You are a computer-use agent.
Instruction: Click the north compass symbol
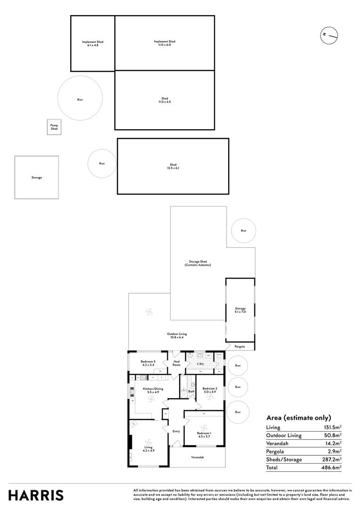pyautogui.click(x=329, y=35)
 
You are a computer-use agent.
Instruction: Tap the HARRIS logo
pyautogui.click(x=36, y=495)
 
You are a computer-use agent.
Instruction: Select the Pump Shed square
pyautogui.click(x=54, y=127)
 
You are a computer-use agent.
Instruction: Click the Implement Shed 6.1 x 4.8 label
pyautogui.click(x=92, y=43)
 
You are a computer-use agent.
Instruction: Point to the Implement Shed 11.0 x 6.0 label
pyautogui.click(x=165, y=43)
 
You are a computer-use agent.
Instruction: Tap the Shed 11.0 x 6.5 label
pyautogui.click(x=164, y=100)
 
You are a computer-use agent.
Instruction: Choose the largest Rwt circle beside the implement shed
pyautogui.click(x=80, y=99)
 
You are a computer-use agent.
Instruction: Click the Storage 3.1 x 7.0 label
pyautogui.click(x=240, y=310)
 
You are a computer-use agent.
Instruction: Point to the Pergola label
pyautogui.click(x=240, y=346)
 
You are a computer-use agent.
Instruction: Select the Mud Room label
pyautogui.click(x=177, y=363)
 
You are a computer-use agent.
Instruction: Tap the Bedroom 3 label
pyautogui.click(x=148, y=363)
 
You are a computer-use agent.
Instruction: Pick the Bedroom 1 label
pyautogui.click(x=204, y=434)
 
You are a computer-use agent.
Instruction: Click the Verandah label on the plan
pyautogui.click(x=197, y=457)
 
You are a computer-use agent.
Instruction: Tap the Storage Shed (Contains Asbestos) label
pyautogui.click(x=198, y=263)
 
